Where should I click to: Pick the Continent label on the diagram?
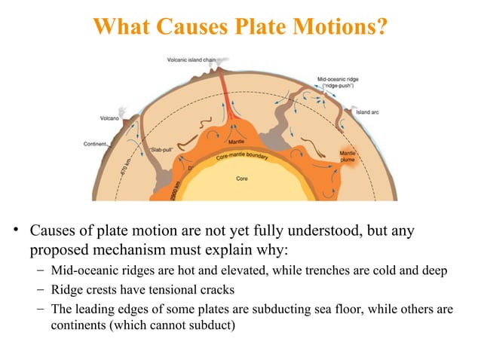(x=93, y=144)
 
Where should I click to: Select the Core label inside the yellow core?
(x=242, y=178)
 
